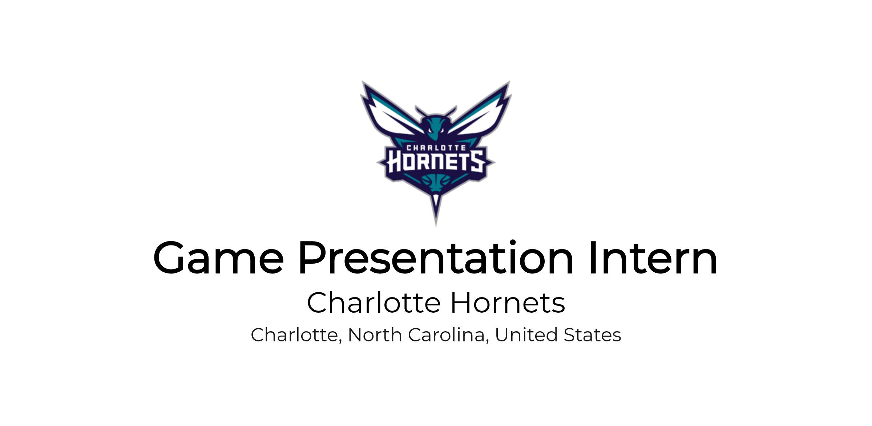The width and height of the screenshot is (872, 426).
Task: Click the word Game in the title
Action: pyautogui.click(x=218, y=257)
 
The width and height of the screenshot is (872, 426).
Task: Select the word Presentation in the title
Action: pyautogui.click(x=436, y=257)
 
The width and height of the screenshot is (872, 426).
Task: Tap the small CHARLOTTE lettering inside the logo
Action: pyautogui.click(x=436, y=148)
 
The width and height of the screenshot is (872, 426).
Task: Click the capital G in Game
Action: pyautogui.click(x=169, y=257)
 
